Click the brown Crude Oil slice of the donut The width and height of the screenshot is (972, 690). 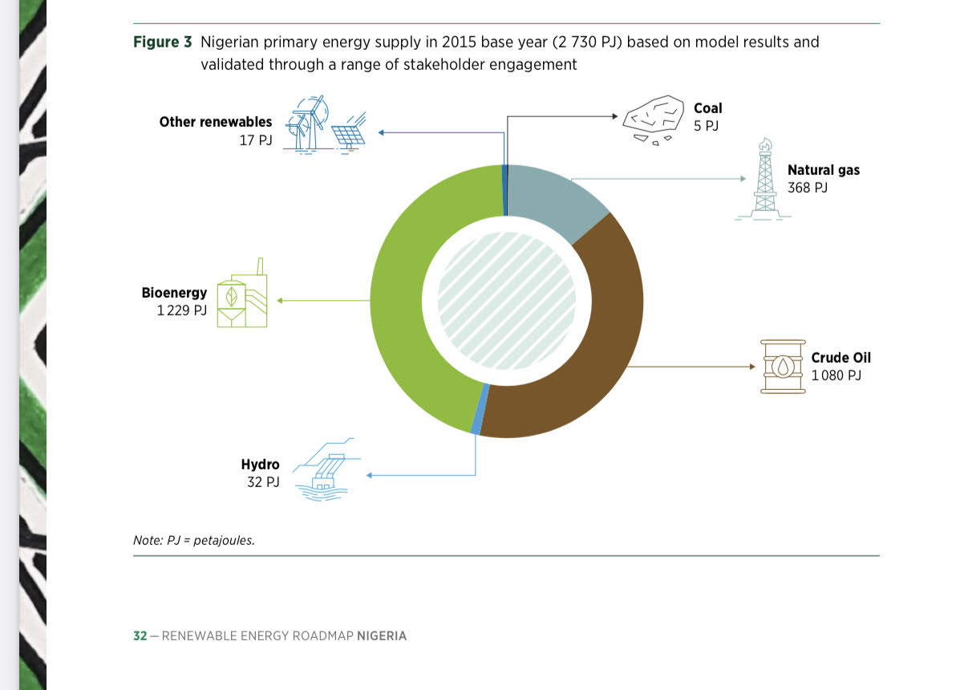click(x=608, y=347)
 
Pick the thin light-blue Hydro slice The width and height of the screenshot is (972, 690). click(x=480, y=409)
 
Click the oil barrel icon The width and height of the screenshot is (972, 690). click(x=783, y=367)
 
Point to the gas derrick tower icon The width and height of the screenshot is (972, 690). click(x=764, y=180)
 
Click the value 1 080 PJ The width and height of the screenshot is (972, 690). click(x=836, y=375)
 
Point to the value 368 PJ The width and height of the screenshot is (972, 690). click(x=808, y=188)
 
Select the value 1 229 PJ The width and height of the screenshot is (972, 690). click(x=182, y=310)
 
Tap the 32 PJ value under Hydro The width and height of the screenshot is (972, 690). click(x=263, y=482)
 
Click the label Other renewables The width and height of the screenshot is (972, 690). click(x=216, y=122)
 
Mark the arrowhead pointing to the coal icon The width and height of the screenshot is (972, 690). click(x=615, y=116)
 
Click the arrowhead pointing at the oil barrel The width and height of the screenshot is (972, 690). click(x=753, y=367)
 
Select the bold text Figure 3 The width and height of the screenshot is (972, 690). click(x=162, y=42)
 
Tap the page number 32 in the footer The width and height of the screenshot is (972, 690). click(x=140, y=635)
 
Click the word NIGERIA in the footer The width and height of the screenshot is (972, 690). click(x=382, y=635)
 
